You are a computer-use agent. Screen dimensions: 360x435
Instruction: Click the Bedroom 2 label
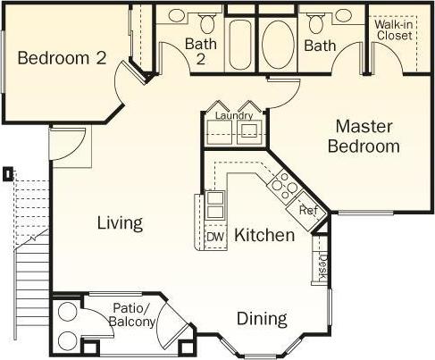coord(63,59)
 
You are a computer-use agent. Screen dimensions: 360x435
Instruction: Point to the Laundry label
coord(233,116)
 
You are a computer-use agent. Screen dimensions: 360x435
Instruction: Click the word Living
coord(120,223)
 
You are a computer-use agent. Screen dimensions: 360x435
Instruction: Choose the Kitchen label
coord(264,236)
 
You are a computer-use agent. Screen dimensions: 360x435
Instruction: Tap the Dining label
coord(262,318)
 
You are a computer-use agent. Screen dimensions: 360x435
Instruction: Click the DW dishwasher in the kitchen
coord(214,237)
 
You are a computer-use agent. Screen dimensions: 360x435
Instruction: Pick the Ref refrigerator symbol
coord(307,211)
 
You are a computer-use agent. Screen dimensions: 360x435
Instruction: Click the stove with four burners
coord(284,185)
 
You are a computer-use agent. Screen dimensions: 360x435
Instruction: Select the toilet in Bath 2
coord(207,17)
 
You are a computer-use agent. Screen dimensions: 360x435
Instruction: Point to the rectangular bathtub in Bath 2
coord(241,40)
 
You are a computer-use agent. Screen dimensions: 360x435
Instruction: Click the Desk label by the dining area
coord(323,265)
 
